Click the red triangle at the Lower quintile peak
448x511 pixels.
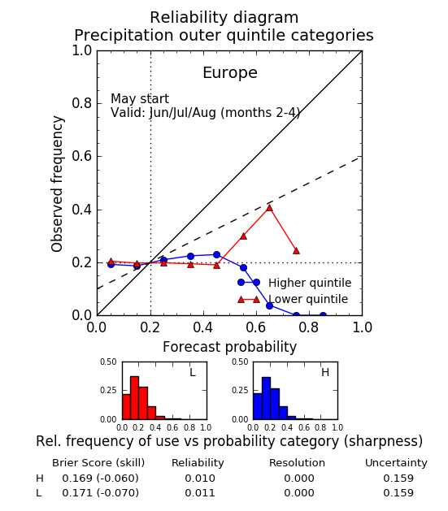pos(269,208)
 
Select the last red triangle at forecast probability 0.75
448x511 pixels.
pos(296,250)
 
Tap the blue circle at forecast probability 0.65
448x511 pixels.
pos(269,305)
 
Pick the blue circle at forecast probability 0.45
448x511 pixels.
pos(216,254)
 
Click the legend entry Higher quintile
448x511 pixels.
pos(310,283)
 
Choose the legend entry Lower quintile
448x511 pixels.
pos(308,299)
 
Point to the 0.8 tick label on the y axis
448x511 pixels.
pos(82,103)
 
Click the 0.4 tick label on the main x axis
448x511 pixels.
pos(203,327)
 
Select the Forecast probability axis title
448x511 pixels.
pos(229,347)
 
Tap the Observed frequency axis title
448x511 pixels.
pos(57,184)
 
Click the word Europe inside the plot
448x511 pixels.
pos(230,72)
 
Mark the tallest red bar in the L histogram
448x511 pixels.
pos(134,398)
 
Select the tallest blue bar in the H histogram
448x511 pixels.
pos(266,398)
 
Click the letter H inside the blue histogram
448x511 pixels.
pos(325,372)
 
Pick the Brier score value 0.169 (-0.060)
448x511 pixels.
pos(101,478)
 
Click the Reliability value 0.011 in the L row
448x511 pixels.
pos(200,493)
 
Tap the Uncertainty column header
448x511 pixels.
pos(396,463)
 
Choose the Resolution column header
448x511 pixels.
pos(297,463)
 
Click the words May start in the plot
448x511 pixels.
pos(140,98)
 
